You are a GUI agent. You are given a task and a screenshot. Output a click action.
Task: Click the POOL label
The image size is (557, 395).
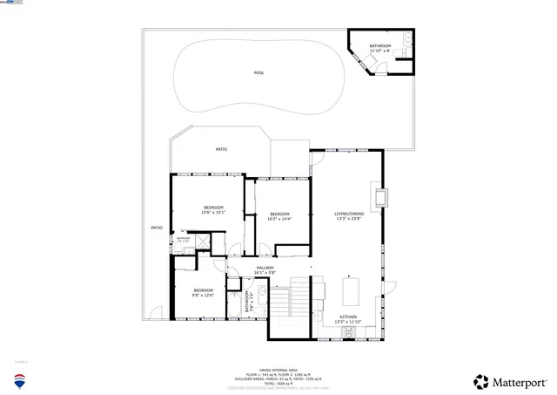click(x=258, y=73)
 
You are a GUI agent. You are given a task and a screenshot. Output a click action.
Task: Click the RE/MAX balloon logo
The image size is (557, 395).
click(x=19, y=380)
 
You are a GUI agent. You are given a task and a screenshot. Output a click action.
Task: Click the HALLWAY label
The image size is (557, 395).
click(x=265, y=269)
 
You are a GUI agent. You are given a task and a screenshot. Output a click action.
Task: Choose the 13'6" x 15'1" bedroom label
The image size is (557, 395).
click(x=214, y=210)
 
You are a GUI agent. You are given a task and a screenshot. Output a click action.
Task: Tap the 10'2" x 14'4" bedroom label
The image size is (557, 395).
click(x=279, y=217)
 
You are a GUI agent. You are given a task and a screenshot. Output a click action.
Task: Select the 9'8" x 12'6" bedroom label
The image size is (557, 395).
click(x=203, y=292)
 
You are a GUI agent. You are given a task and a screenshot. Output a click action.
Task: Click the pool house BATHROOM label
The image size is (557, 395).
click(x=380, y=48)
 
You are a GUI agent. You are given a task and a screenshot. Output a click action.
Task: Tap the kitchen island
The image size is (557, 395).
click(x=352, y=289)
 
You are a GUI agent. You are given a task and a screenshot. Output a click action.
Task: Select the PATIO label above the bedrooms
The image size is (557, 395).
click(x=222, y=150)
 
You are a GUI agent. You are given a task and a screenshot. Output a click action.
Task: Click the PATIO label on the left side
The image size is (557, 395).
click(x=157, y=228)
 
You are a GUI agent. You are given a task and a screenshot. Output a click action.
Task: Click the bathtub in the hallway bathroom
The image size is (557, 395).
click(x=236, y=308)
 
